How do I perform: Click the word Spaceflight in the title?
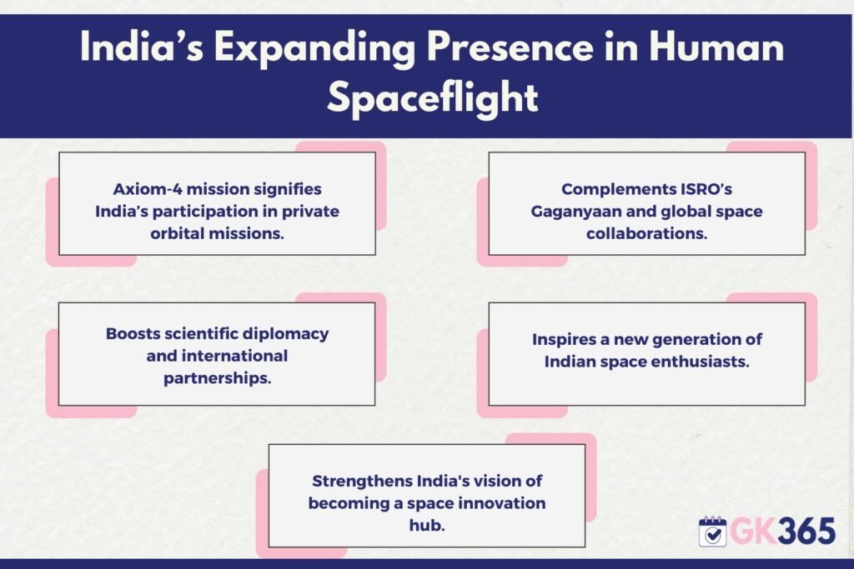433,98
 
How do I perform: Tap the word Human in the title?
716,47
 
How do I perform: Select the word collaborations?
646,233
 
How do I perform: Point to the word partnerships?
218,378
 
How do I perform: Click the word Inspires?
564,339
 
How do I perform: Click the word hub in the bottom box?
427,525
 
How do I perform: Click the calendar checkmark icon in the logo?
712,532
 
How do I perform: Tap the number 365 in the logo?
806,532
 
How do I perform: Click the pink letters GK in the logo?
754,532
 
